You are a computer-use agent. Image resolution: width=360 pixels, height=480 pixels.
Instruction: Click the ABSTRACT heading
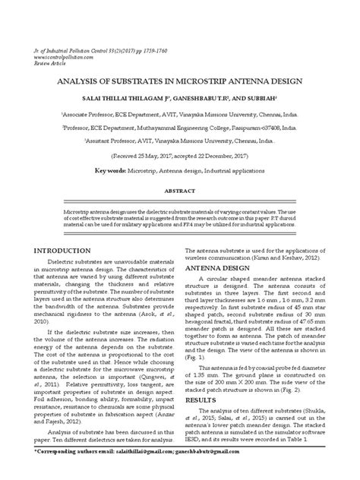click(178, 191)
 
